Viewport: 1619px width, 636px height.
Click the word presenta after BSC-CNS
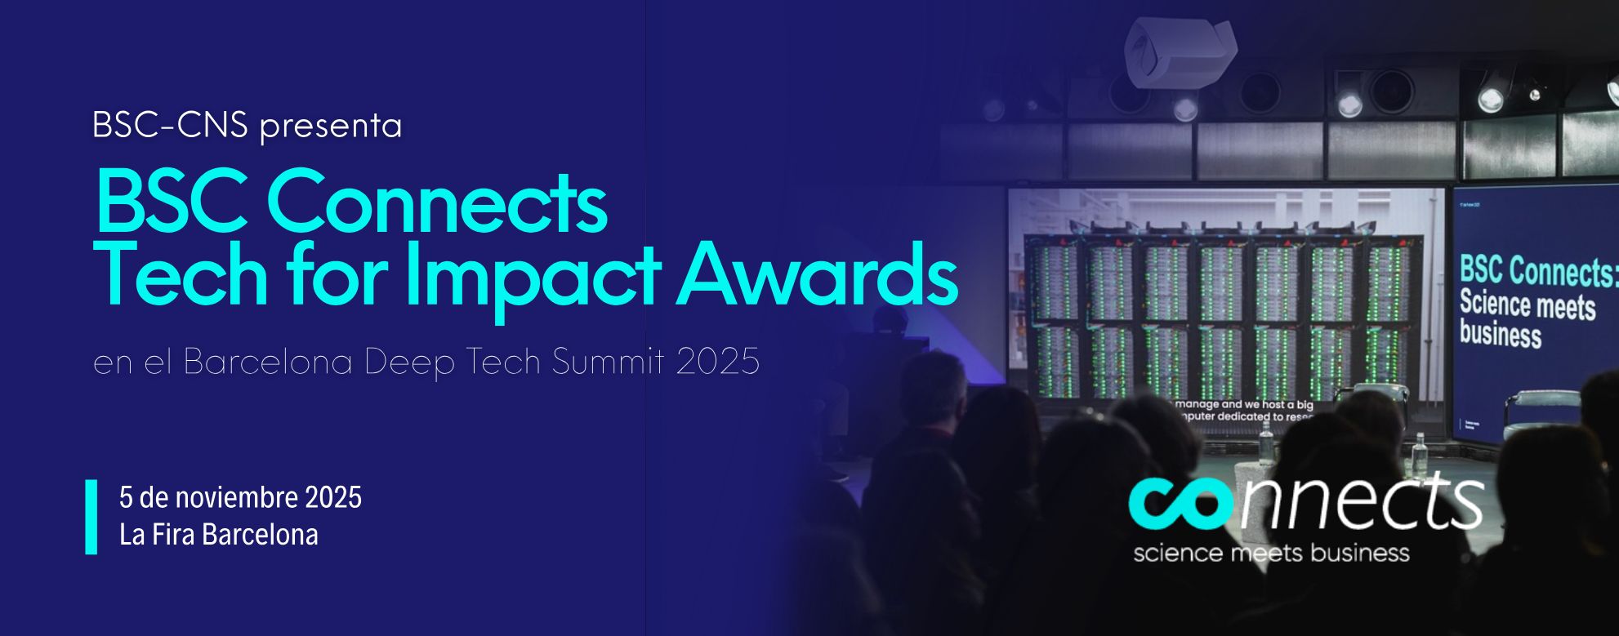pos(330,127)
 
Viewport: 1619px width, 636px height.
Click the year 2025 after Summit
pos(718,362)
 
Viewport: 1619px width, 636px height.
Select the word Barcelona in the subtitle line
pos(268,362)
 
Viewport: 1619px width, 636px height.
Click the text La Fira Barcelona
pos(218,535)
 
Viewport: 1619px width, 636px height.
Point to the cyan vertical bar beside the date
pos(91,517)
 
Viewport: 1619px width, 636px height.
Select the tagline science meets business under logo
pos(1271,554)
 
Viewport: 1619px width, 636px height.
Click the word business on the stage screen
pos(1500,336)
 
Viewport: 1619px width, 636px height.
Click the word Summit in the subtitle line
pos(609,362)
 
